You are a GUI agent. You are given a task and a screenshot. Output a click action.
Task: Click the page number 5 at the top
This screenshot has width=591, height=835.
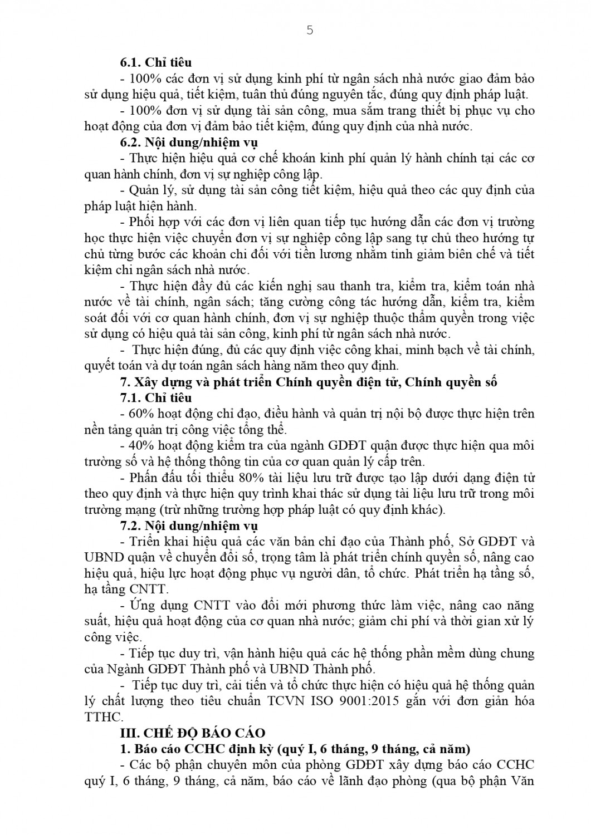coord(310,31)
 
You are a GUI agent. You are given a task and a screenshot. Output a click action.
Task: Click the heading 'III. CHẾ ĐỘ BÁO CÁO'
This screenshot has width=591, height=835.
coord(193,733)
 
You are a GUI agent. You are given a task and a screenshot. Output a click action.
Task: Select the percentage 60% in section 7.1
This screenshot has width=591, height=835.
coord(141,414)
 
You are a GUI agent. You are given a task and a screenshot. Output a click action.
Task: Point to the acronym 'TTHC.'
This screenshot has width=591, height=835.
coord(103,717)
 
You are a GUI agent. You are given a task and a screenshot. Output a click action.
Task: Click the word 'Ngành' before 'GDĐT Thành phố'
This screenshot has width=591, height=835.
coord(126,669)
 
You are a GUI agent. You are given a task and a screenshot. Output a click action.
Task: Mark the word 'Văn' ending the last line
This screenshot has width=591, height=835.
coord(521,780)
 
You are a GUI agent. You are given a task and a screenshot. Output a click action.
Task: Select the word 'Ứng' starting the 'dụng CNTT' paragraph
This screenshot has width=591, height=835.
coord(140,605)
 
